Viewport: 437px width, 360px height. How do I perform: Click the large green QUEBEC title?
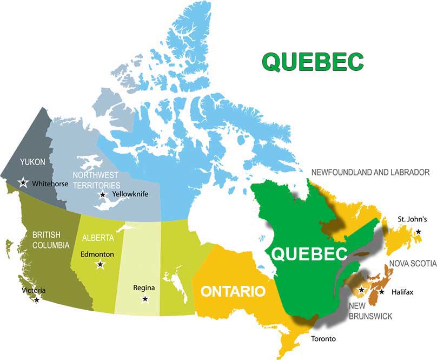313,61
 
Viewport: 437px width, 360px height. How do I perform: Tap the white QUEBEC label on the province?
309,254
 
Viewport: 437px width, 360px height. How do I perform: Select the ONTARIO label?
233,291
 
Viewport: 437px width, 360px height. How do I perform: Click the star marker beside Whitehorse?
23,182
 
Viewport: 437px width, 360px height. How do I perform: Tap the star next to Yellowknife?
103,194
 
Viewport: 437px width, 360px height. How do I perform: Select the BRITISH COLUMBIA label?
50,240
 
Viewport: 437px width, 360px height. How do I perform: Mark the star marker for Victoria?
37,299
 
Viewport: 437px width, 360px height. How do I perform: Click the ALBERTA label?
98,238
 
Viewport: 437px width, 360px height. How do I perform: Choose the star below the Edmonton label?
100,265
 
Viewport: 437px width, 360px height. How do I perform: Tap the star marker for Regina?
145,299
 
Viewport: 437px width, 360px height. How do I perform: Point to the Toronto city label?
323,339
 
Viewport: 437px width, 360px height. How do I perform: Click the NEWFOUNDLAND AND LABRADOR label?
370,172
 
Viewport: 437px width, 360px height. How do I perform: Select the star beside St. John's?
419,232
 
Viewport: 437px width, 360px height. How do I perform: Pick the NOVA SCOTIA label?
413,264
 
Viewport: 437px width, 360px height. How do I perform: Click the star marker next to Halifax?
382,292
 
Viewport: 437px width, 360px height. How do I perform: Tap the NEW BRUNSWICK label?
370,311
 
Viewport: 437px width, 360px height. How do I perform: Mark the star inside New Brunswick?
361,290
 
